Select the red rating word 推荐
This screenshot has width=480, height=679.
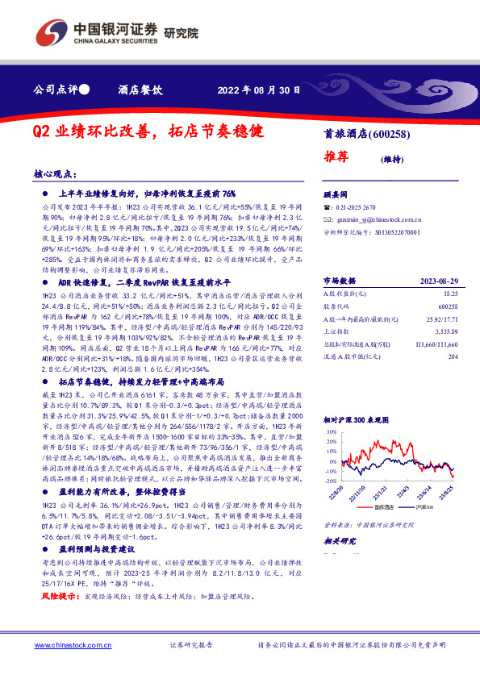click(x=339, y=157)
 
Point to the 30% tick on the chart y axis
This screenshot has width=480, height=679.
click(x=330, y=431)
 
